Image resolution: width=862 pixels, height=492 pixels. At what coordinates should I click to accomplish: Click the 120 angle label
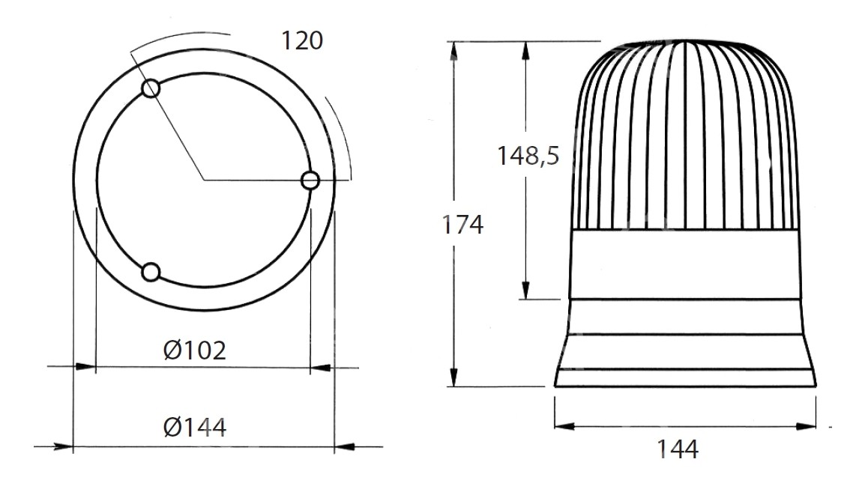click(302, 40)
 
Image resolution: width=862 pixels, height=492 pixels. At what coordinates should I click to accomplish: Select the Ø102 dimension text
click(195, 350)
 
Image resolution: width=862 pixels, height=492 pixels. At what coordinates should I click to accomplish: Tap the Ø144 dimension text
click(195, 428)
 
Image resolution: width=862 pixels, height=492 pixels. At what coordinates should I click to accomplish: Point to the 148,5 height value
click(528, 156)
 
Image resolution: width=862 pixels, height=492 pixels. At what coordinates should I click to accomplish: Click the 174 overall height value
click(463, 225)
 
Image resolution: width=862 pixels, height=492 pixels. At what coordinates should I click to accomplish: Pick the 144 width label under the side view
click(678, 449)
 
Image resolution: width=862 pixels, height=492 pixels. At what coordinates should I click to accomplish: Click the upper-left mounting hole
click(151, 88)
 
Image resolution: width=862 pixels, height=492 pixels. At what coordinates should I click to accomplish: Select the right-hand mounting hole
click(310, 180)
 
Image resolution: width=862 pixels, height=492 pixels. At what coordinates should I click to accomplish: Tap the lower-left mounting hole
click(151, 273)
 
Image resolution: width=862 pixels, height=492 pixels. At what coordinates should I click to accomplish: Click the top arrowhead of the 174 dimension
click(453, 50)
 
